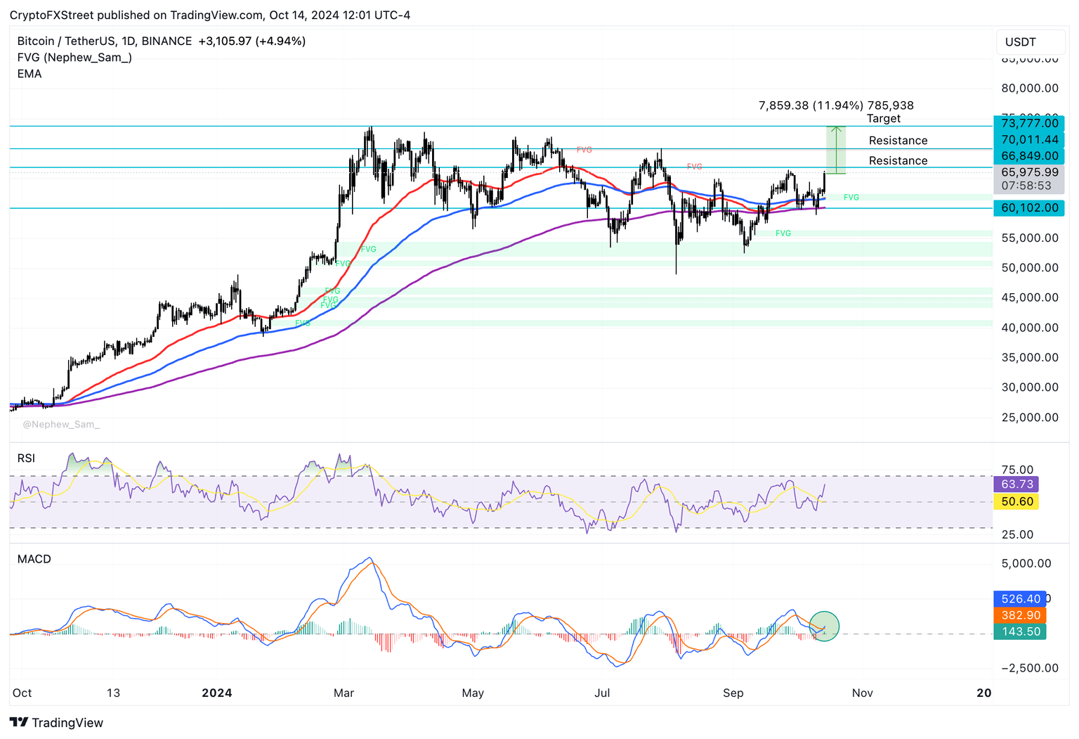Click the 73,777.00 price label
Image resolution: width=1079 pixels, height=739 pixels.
click(1029, 124)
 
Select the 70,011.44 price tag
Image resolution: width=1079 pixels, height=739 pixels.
click(1029, 140)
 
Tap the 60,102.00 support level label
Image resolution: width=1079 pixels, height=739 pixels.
click(1029, 208)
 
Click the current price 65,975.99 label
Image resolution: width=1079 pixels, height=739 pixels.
click(1029, 172)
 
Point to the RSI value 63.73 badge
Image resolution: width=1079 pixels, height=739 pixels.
click(1016, 484)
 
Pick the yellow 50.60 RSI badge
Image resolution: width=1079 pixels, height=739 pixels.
click(1016, 502)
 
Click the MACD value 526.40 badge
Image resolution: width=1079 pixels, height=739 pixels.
click(1020, 599)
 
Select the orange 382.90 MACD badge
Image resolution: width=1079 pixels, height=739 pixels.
click(1020, 615)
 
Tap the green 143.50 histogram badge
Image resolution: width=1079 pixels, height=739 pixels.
click(1020, 632)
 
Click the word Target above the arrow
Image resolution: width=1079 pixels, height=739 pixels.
click(883, 119)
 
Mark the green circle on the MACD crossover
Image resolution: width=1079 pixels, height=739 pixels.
click(824, 626)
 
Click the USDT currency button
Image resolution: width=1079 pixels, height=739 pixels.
click(1029, 42)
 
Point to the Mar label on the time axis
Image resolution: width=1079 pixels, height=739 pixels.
click(344, 693)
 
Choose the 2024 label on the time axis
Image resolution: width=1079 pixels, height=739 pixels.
click(216, 693)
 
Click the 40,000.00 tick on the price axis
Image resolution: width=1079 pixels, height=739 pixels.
click(1029, 328)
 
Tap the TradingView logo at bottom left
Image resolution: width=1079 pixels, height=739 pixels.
click(57, 723)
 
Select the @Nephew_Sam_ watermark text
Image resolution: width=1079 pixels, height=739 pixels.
click(61, 425)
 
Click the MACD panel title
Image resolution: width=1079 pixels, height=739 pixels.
click(34, 560)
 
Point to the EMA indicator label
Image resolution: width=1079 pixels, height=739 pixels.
click(30, 74)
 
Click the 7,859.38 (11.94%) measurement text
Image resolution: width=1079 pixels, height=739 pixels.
click(811, 105)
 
